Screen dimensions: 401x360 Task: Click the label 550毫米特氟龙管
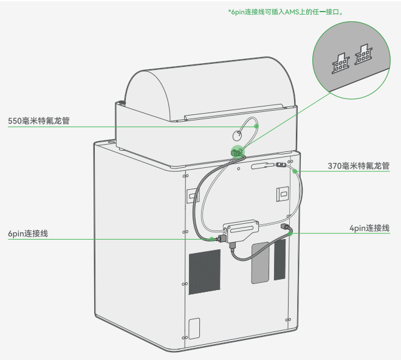pos(39,121)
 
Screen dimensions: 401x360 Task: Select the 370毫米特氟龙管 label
pos(358,166)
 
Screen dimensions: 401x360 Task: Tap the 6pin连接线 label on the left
pos(28,234)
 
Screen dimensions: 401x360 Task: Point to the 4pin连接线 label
pos(369,228)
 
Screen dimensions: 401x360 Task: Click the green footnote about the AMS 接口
pos(286,12)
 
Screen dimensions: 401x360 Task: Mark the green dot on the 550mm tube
pos(256,126)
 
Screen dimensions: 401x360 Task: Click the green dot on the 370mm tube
pos(295,171)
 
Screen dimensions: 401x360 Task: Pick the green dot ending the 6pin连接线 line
pos(212,239)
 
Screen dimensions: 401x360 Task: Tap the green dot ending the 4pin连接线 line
pos(290,234)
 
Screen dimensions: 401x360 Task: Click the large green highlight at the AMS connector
pos(238,151)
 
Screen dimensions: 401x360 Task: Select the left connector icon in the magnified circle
pos(341,63)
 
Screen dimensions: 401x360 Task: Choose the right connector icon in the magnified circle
pos(363,54)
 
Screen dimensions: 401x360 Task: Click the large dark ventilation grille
pos(205,272)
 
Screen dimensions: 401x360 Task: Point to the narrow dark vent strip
pos(279,260)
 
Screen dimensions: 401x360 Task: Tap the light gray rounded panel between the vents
pos(260,263)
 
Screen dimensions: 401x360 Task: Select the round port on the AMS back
pos(237,136)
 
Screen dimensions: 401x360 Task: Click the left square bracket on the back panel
pos(193,195)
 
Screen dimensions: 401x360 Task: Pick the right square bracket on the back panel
pos(283,194)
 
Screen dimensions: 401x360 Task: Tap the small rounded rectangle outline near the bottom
pos(194,328)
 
